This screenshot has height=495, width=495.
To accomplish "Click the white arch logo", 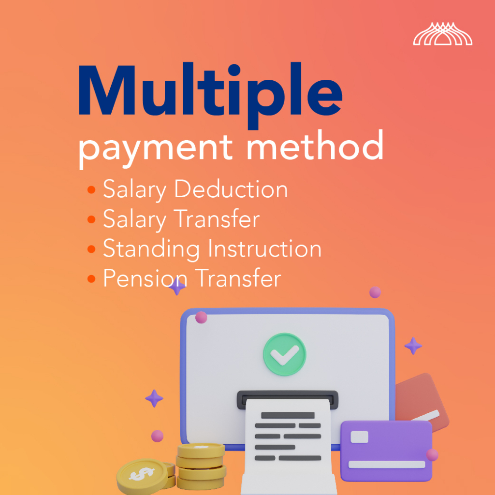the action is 443,34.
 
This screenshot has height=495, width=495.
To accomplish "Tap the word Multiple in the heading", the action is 210,95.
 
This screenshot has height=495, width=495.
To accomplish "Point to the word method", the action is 315,145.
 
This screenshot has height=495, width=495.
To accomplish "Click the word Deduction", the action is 231,189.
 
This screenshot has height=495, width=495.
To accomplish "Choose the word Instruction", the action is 265,248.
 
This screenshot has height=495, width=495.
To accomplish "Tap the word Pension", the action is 146,278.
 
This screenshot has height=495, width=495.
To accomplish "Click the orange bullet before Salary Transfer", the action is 91,219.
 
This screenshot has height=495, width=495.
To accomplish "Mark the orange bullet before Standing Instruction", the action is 91,249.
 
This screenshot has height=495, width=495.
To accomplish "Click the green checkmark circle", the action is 285,354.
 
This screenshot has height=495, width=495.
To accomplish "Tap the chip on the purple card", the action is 359,437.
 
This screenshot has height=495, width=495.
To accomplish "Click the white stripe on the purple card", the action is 387,465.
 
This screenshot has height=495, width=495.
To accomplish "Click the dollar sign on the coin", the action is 142,474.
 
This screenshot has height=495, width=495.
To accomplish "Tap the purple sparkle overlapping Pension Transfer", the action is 177,287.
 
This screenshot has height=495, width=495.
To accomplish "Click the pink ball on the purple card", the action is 432,455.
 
